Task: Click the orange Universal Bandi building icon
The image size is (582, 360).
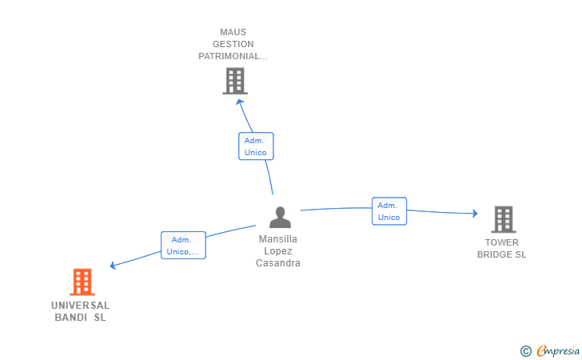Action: (x=82, y=282)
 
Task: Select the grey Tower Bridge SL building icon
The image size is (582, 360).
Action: (x=503, y=219)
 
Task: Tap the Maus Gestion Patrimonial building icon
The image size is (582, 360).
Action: (x=234, y=81)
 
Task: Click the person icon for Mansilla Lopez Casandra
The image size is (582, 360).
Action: (x=279, y=218)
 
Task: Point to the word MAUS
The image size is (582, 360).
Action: (x=233, y=33)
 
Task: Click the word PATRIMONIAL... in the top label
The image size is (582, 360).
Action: (x=233, y=57)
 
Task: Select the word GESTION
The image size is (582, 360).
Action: (x=233, y=45)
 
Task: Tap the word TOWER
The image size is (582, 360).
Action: (x=502, y=243)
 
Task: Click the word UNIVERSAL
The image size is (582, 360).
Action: (x=81, y=306)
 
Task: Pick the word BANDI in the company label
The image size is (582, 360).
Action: (x=70, y=318)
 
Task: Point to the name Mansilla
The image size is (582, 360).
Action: (x=278, y=239)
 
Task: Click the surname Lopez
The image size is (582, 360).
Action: (x=278, y=251)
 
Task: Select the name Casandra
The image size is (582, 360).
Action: (x=278, y=263)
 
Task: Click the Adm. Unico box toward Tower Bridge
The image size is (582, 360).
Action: (x=389, y=211)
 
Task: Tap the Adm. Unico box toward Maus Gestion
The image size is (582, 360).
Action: (x=256, y=146)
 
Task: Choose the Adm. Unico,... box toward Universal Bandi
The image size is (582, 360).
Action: (x=183, y=246)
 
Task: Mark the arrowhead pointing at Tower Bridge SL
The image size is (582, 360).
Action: (x=474, y=214)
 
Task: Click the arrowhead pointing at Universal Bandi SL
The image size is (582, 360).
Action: (x=114, y=266)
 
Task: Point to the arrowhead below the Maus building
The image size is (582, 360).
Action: (x=239, y=102)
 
